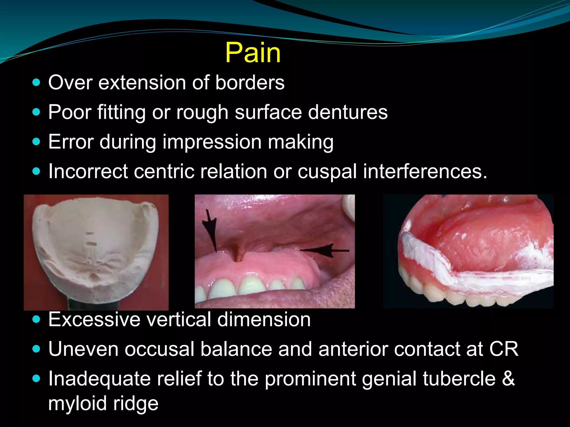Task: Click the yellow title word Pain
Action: (253, 53)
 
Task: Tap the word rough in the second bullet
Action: (202, 112)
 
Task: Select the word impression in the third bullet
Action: (212, 142)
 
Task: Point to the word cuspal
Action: (327, 172)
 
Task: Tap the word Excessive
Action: (94, 319)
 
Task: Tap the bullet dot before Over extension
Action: (36, 83)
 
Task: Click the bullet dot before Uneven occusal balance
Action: (36, 349)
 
